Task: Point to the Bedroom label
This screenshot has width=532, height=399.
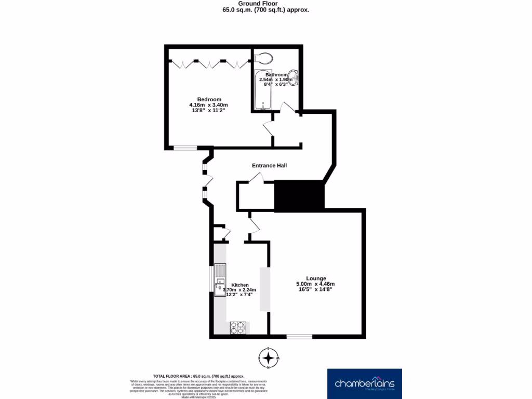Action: [209, 99]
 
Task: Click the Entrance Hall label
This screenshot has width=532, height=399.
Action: [269, 166]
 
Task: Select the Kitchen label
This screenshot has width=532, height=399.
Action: [240, 285]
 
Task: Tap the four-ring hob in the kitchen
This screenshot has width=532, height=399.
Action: [238, 328]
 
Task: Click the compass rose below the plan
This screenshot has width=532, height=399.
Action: [268, 358]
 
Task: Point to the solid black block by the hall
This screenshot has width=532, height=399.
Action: [299, 196]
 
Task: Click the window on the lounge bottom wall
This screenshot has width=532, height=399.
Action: [299, 337]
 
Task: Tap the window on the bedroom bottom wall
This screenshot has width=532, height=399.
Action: [185, 148]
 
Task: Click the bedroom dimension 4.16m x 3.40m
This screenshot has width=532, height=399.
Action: [209, 105]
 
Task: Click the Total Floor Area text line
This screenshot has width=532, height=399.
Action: [198, 376]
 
